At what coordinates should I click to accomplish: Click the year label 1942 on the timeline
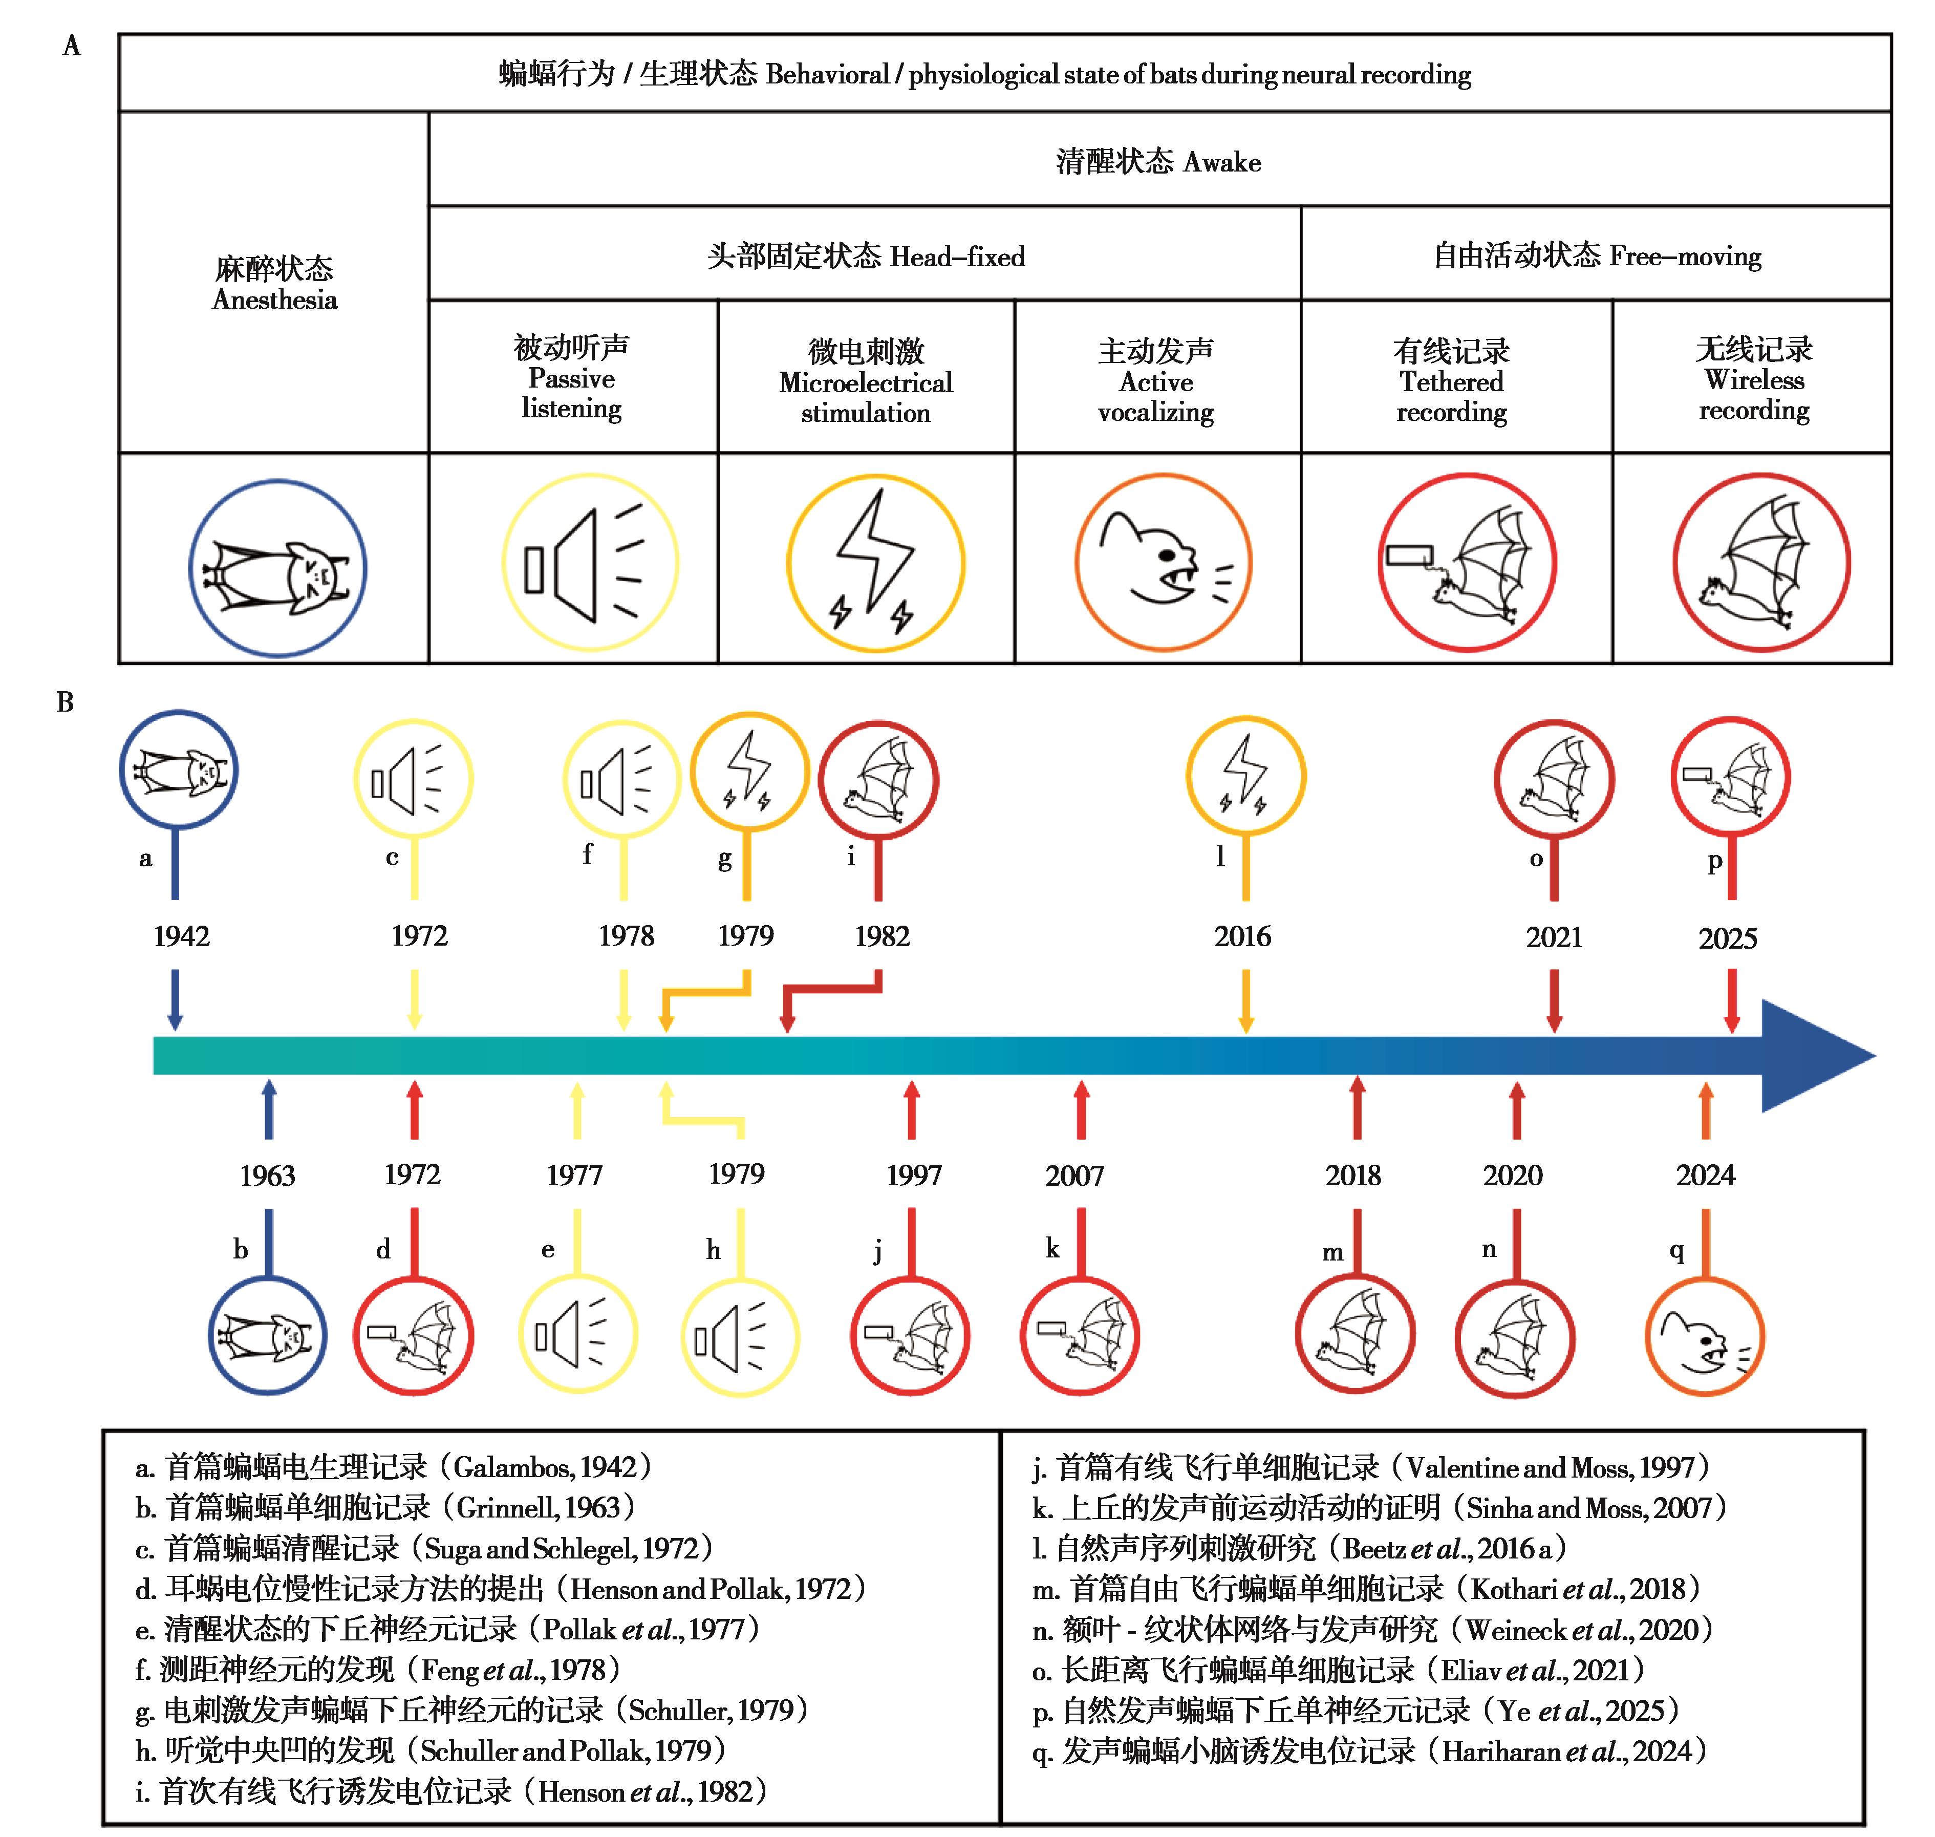pyautogui.click(x=181, y=936)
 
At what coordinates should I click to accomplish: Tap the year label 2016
pyautogui.click(x=1243, y=936)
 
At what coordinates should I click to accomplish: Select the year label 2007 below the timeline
pyautogui.click(x=1074, y=1175)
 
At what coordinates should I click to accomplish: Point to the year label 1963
pyautogui.click(x=267, y=1175)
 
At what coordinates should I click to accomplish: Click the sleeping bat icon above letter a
pyautogui.click(x=178, y=770)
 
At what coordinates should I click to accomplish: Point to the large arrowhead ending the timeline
pyautogui.click(x=1817, y=1056)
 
